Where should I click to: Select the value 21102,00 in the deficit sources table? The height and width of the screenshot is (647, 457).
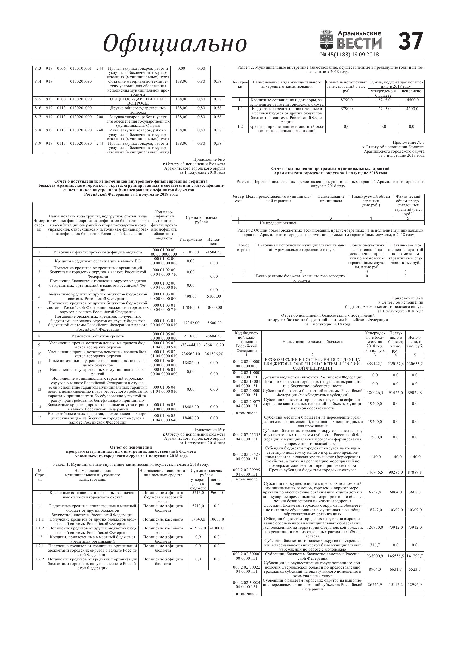pyautogui.click(x=190, y=252)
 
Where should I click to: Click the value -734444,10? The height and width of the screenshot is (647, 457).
pyautogui.click(x=191, y=345)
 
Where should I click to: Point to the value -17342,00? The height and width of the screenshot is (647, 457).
pyautogui.click(x=190, y=323)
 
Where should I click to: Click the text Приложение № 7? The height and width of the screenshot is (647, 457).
pyautogui.click(x=408, y=143)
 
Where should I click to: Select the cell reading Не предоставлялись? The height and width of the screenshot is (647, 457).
pyautogui.click(x=278, y=223)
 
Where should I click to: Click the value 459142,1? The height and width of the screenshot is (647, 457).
pyautogui.click(x=374, y=364)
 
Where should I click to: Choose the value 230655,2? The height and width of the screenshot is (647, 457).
pyautogui.click(x=415, y=364)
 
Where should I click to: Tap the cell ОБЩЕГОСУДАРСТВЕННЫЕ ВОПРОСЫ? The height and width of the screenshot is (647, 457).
pyautogui.click(x=138, y=101)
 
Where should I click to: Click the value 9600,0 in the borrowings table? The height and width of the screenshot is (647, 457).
pyautogui.click(x=217, y=493)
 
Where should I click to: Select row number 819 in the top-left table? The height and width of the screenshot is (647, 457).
pyautogui.click(x=38, y=143)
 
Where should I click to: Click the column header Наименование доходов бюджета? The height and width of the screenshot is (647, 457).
pyautogui.click(x=312, y=342)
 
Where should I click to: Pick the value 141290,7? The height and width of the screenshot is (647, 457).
pyautogui.click(x=415, y=556)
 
